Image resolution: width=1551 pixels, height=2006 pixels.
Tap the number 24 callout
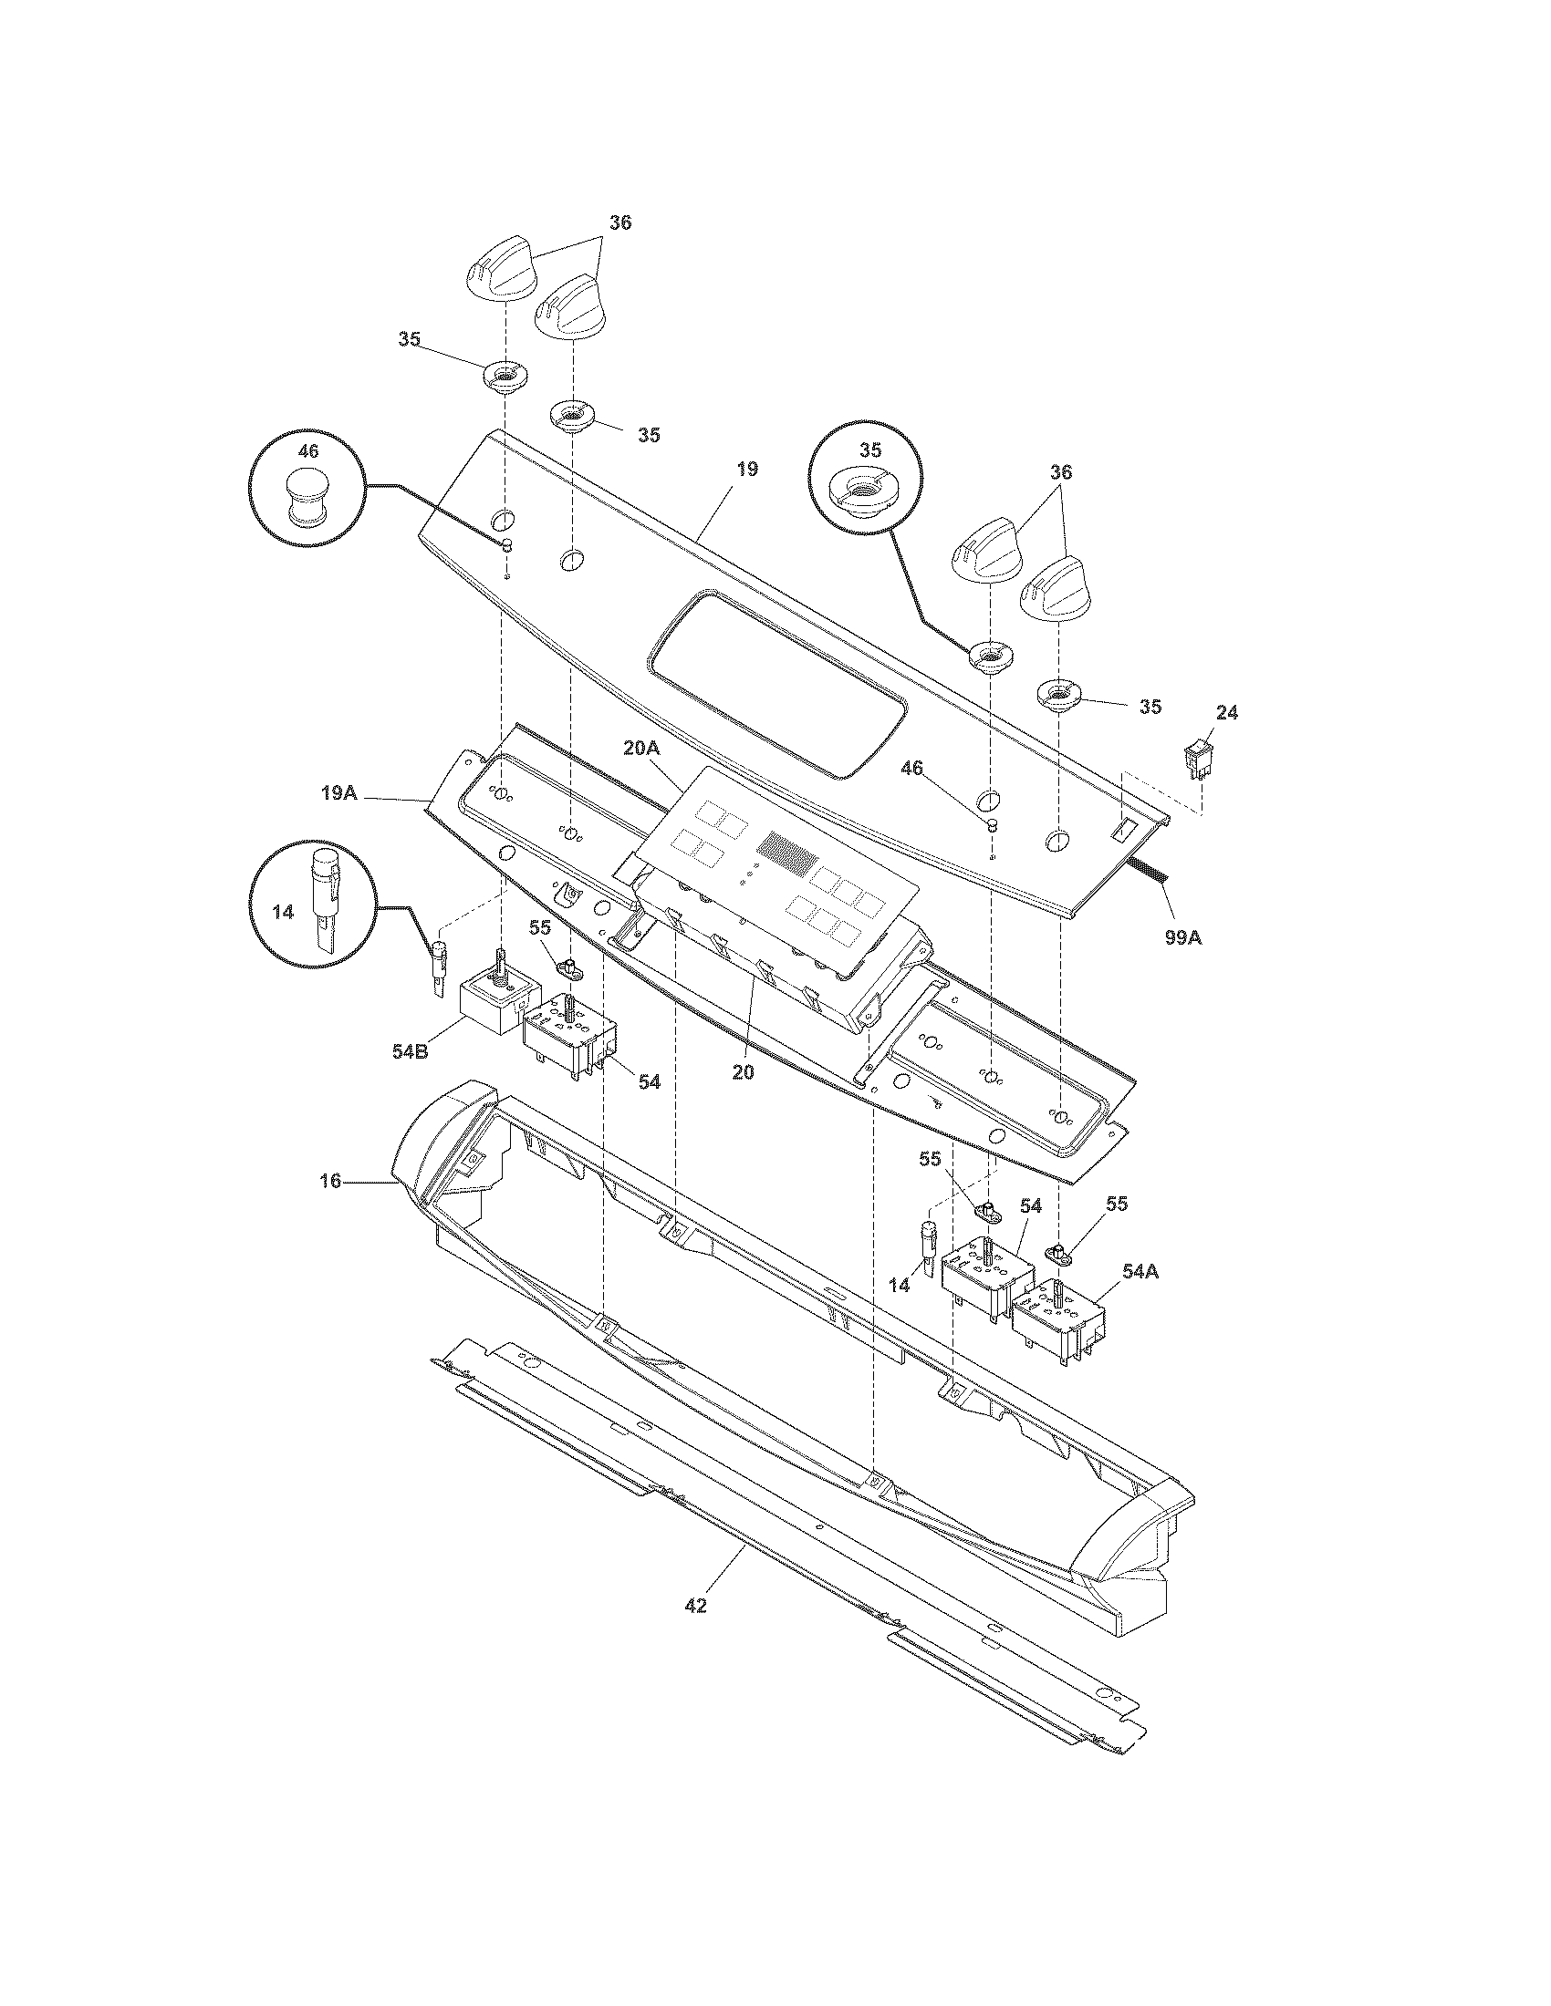[1225, 712]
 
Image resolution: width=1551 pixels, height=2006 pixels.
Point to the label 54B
[410, 1051]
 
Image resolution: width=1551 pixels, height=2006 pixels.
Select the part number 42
[695, 1606]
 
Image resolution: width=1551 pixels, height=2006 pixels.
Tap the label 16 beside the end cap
[330, 1181]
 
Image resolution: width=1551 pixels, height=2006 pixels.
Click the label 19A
[338, 791]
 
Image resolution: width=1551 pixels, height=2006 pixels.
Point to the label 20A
[641, 749]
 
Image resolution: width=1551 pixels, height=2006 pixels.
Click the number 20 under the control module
[743, 1071]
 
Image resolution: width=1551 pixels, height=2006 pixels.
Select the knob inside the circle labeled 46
[307, 496]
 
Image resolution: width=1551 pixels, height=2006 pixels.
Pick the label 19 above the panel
[746, 470]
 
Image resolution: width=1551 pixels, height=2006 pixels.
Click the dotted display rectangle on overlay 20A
[787, 853]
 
